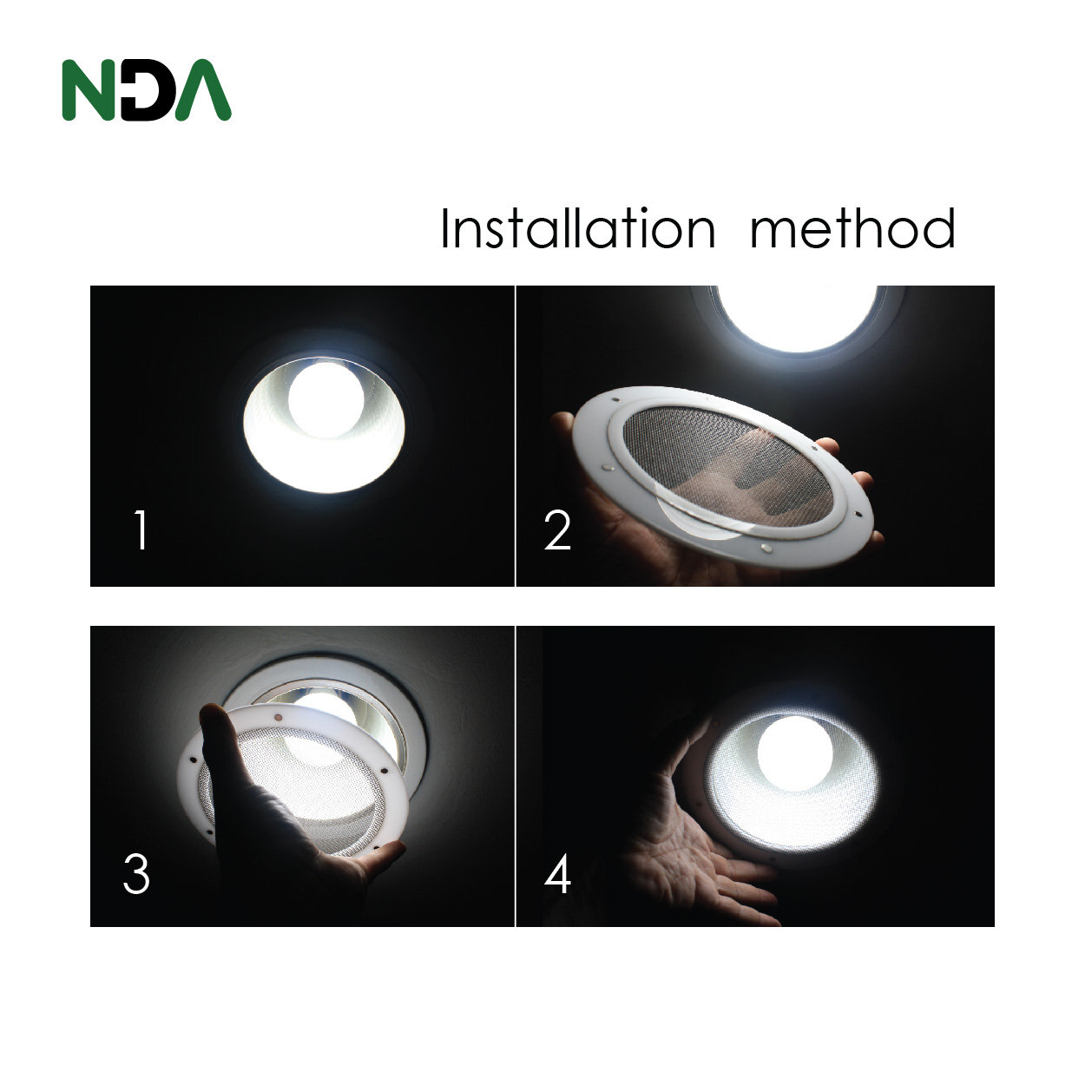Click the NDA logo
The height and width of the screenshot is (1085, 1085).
(x=146, y=89)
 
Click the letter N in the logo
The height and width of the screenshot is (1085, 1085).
(x=87, y=89)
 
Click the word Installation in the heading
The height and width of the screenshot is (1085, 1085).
(x=577, y=229)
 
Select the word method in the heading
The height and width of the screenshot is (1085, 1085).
(x=852, y=229)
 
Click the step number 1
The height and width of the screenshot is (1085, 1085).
(x=141, y=530)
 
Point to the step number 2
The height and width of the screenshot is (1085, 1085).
(x=557, y=530)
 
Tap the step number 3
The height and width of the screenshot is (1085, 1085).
(x=136, y=873)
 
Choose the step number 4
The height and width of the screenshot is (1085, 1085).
(x=557, y=874)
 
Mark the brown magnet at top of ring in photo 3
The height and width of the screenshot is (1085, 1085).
(x=279, y=718)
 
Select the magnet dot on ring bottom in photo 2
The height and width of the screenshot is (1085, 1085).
(x=765, y=548)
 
